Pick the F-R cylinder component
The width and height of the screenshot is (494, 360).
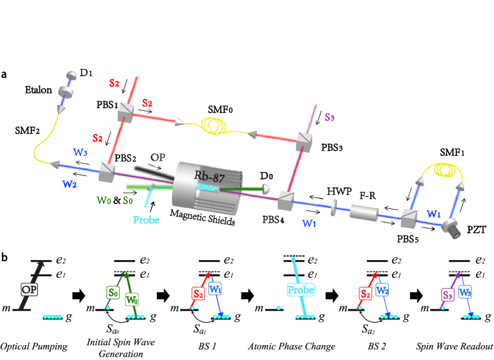[362, 213]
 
